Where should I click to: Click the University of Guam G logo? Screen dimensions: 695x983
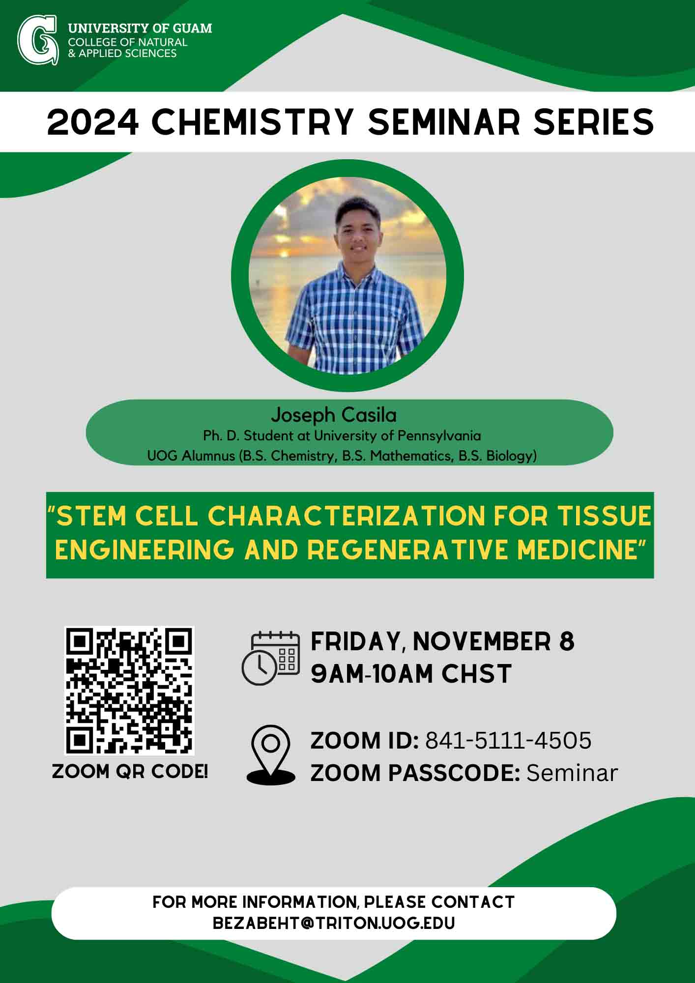(37, 40)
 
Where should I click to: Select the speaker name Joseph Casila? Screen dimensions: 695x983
(334, 415)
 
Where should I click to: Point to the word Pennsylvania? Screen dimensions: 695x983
(439, 436)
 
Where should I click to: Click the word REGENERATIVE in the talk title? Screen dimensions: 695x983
(408, 549)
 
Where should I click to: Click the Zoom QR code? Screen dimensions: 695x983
(130, 691)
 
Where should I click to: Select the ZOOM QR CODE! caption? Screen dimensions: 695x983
(130, 772)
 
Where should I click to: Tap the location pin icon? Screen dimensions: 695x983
(271, 754)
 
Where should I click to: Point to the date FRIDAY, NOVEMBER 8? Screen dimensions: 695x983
(442, 641)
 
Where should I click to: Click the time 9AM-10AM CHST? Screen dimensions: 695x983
(411, 673)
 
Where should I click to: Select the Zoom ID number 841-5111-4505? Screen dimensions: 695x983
(508, 741)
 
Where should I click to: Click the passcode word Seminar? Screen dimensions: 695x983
(572, 773)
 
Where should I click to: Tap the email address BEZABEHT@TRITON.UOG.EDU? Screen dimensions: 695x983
(334, 923)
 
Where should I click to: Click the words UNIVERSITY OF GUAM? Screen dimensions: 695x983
(140, 29)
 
